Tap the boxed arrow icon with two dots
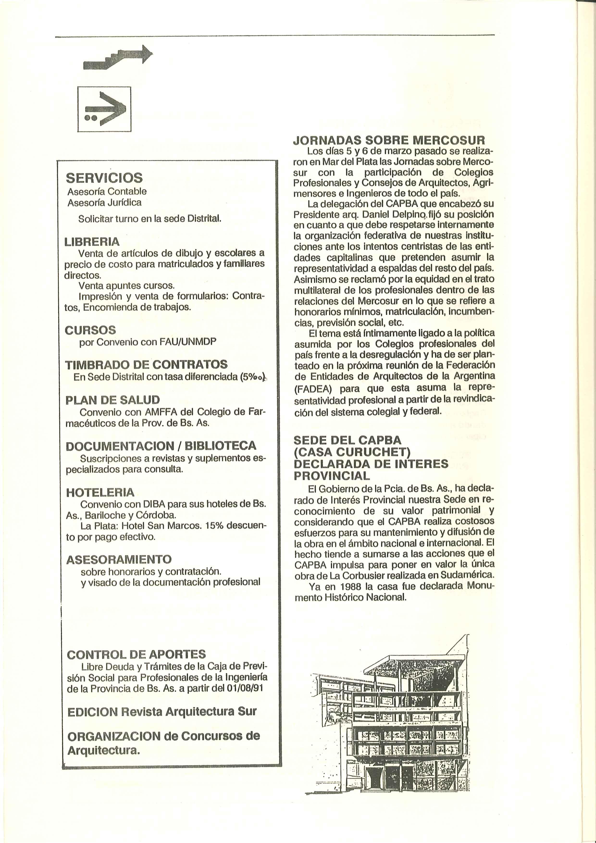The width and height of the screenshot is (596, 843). click(x=104, y=109)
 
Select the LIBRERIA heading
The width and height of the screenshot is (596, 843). click(x=92, y=242)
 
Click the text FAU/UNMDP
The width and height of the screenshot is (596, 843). click(x=188, y=342)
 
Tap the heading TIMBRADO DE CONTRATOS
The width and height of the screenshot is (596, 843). click(x=146, y=365)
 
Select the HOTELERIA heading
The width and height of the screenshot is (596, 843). click(x=100, y=492)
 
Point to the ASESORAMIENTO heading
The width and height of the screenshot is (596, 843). click(x=119, y=559)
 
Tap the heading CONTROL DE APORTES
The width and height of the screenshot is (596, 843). click(x=136, y=654)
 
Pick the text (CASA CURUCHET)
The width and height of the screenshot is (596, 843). click(x=352, y=452)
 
